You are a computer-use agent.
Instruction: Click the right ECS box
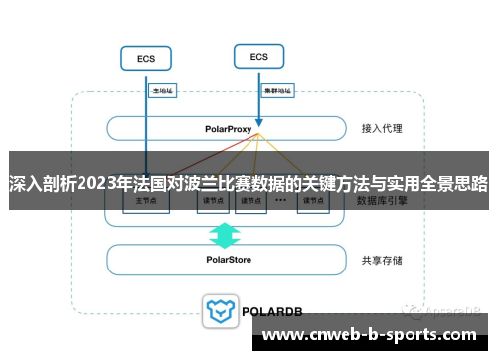click(258, 56)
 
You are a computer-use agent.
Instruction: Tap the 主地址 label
click(162, 90)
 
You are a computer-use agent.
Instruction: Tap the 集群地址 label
click(276, 90)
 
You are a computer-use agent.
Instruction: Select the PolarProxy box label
click(230, 129)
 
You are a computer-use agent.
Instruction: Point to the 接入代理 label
click(382, 129)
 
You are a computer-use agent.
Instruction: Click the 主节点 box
click(145, 201)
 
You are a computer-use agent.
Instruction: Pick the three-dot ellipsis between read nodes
click(280, 201)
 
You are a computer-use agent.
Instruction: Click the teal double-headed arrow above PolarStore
click(225, 235)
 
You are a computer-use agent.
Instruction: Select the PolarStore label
click(230, 260)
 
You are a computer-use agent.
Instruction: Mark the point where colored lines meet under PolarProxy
click(257, 136)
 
